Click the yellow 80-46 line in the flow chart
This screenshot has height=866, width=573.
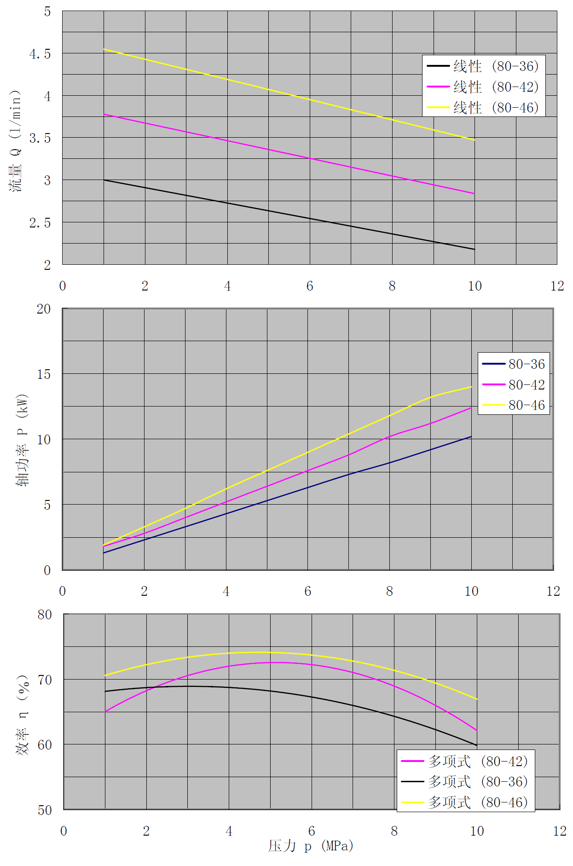(289, 94)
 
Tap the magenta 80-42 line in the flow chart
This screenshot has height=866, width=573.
(289, 154)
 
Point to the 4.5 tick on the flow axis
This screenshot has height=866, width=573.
(40, 54)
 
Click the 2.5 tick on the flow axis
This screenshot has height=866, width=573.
(40, 223)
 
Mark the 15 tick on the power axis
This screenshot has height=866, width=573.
(44, 374)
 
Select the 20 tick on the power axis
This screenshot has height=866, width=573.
(44, 309)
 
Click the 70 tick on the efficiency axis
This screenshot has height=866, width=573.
(45, 680)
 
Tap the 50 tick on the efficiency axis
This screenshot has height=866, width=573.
(45, 810)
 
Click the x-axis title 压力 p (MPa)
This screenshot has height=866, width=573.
(311, 846)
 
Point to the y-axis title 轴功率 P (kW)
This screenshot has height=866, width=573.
(22, 440)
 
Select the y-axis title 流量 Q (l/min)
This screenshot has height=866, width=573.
(15, 140)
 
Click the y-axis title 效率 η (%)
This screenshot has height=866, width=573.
(23, 715)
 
